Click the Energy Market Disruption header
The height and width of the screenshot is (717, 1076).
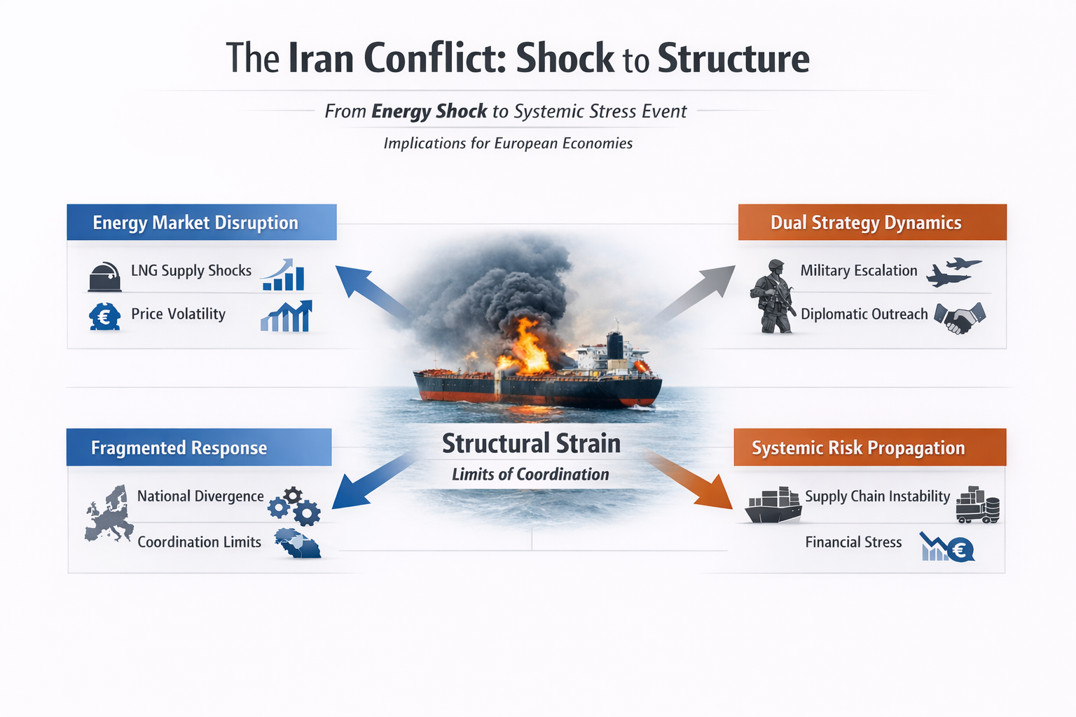point(196,223)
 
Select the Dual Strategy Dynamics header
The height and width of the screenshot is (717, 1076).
point(866,223)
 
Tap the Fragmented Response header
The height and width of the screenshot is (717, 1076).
point(179,448)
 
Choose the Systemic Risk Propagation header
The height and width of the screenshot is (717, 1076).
point(858,448)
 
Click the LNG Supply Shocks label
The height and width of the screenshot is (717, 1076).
point(191,270)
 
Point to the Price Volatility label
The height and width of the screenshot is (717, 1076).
point(178,314)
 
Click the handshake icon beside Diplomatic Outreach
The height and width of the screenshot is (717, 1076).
point(960,317)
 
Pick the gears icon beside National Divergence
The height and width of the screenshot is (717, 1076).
point(295,506)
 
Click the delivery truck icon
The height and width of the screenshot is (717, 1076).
point(977,506)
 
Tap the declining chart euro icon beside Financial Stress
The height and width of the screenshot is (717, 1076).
point(947,548)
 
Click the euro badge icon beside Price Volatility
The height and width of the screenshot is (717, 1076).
point(104,316)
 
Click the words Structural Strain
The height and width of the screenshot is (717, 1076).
point(531,444)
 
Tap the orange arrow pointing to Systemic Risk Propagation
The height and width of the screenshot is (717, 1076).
point(690,482)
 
